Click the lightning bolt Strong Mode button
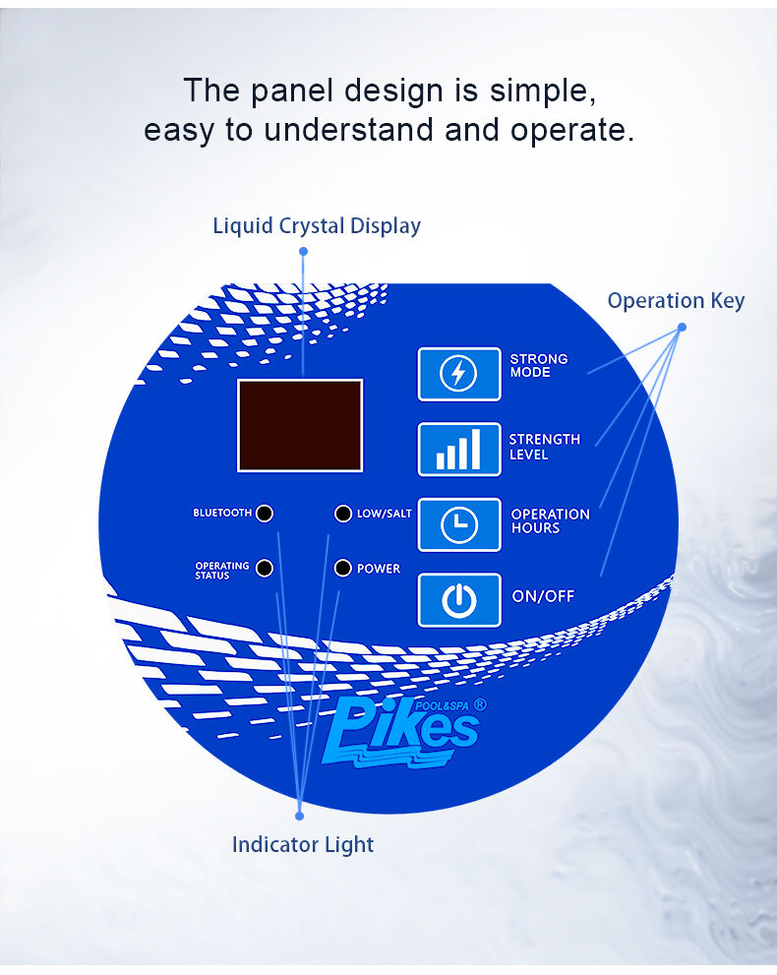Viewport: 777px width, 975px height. click(x=458, y=374)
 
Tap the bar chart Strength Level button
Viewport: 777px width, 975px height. click(x=458, y=449)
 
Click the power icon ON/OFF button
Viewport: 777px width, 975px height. click(x=458, y=599)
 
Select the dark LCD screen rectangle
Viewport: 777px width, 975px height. click(x=300, y=425)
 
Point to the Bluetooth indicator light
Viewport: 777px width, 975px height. click(x=264, y=514)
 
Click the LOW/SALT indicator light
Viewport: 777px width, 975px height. click(x=342, y=514)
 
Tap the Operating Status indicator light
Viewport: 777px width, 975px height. click(x=264, y=569)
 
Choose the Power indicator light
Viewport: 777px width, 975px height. click(x=342, y=569)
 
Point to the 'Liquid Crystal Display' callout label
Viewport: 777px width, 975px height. click(x=317, y=226)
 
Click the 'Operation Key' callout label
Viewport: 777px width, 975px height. click(x=676, y=301)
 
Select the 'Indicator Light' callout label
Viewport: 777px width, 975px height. click(x=303, y=844)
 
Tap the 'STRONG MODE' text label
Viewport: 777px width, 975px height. click(x=538, y=366)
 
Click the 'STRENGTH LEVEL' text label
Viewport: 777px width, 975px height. click(x=544, y=447)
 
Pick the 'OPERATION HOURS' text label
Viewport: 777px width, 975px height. click(x=550, y=521)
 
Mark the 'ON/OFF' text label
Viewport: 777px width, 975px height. click(x=543, y=596)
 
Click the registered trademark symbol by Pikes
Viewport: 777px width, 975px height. click(x=480, y=704)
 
